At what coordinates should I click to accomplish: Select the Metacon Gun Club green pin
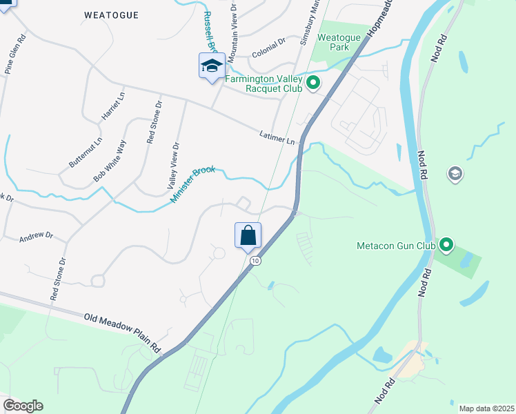tap(446, 244)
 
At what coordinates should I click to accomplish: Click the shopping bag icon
tap(248, 236)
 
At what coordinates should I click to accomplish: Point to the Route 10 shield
tap(255, 261)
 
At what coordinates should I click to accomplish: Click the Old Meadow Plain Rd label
tap(122, 333)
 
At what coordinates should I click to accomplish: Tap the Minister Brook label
tap(193, 184)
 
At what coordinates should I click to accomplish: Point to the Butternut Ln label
tap(85, 152)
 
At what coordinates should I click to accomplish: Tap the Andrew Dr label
tap(36, 236)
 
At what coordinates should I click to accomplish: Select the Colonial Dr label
tap(268, 47)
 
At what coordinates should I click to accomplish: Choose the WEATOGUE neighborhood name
tap(111, 14)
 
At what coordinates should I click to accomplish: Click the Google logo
tap(23, 406)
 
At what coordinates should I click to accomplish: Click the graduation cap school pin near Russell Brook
tap(212, 66)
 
